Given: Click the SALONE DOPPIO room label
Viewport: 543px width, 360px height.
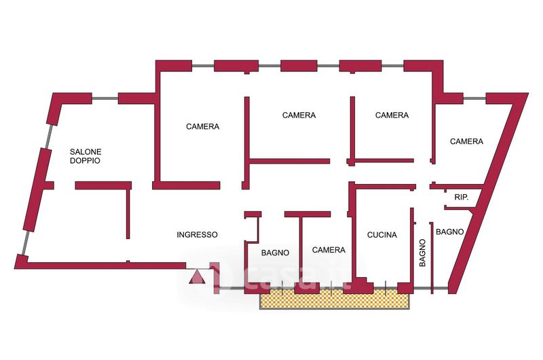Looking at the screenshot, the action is (86, 156).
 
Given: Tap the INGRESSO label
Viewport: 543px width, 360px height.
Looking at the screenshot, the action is (197, 235).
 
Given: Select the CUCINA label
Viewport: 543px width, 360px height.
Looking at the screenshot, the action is (381, 235).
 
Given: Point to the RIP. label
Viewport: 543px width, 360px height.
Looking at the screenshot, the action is (462, 198).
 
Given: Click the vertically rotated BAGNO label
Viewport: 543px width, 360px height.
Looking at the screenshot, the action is (422, 253).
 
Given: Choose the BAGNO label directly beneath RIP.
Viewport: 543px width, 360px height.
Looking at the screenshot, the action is (449, 232).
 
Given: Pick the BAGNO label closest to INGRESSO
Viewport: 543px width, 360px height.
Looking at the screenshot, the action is (275, 253).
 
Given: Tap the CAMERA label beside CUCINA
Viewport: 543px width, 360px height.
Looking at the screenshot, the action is (329, 250).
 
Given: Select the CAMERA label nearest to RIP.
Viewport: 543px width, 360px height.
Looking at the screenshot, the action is (466, 141).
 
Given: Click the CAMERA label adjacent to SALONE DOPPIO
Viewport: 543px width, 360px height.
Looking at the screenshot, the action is (202, 126).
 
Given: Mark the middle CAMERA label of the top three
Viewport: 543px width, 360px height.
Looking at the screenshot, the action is (299, 115).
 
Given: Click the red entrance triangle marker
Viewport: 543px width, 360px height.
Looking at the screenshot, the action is (197, 277).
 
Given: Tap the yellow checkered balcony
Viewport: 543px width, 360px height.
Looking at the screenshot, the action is (335, 299).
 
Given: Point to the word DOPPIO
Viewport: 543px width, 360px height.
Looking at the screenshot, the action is (86, 160).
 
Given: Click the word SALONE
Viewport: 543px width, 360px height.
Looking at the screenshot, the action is (86, 151).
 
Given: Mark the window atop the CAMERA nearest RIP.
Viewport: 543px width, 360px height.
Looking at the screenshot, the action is (474, 98).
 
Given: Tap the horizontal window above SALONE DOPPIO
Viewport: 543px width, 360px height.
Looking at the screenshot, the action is (105, 98).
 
